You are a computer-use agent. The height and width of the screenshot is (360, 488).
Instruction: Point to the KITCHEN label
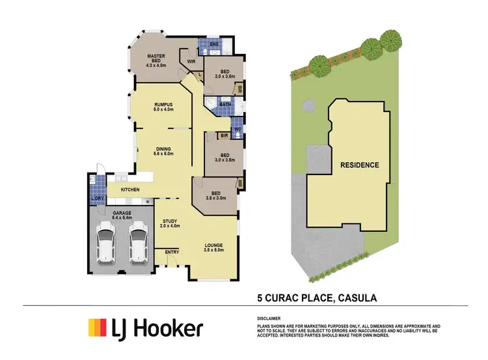click(130, 189)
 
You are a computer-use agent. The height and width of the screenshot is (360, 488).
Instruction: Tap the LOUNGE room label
click(213, 245)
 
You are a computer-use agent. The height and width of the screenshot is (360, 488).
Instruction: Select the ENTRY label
click(172, 253)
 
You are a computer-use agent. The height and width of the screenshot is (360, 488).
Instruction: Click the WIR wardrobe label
click(191, 62)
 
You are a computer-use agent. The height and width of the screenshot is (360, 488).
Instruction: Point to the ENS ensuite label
click(214, 44)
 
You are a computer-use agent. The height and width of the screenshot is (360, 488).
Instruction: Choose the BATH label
click(225, 104)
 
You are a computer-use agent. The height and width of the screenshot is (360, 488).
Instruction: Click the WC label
click(237, 128)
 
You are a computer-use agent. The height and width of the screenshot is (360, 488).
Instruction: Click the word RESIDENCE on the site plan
click(359, 165)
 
